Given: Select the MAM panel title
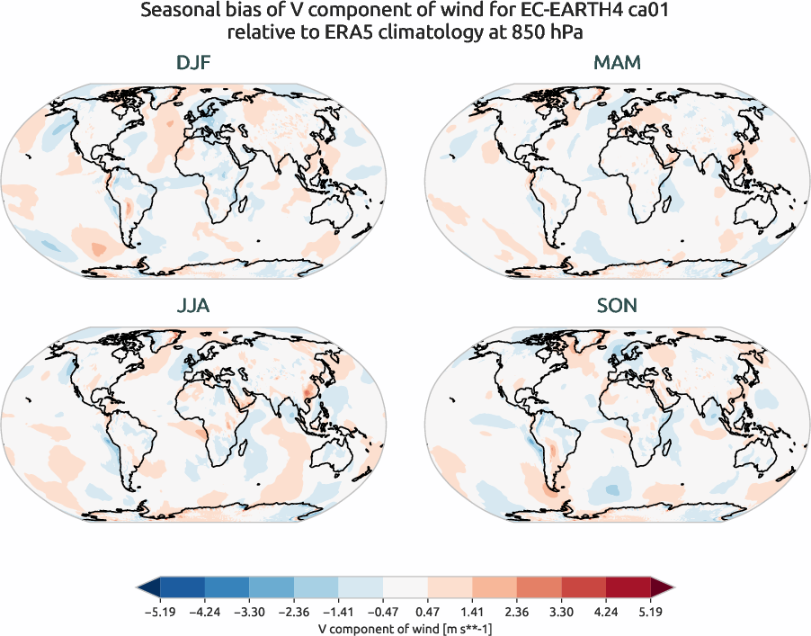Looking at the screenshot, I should [617, 63].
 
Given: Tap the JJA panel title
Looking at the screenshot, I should [193, 306].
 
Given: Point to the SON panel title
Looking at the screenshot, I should [617, 306].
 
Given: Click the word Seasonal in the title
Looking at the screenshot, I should [175, 13].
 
